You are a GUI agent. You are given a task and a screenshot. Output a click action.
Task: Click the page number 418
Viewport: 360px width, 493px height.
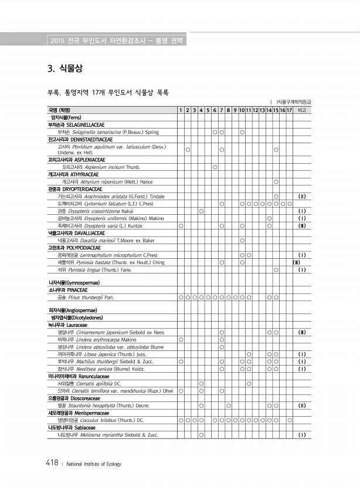coord(51,463)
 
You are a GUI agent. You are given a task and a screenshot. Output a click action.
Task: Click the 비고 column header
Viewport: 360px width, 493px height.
coord(303,110)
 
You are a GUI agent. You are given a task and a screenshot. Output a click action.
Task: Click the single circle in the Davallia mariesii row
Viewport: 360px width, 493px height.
coord(242,241)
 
